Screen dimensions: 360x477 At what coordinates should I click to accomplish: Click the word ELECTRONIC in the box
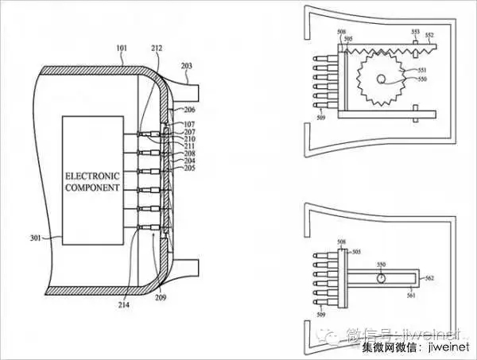click(91, 175)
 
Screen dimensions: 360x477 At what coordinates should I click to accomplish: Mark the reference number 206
click(188, 110)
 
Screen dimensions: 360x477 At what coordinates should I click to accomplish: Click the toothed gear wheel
click(379, 80)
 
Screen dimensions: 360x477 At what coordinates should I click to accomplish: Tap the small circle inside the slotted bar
click(382, 279)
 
